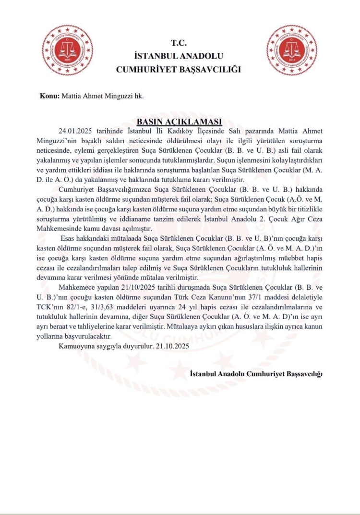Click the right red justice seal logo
pyautogui.click(x=292, y=50)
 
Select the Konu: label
pyautogui.click(x=49, y=96)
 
